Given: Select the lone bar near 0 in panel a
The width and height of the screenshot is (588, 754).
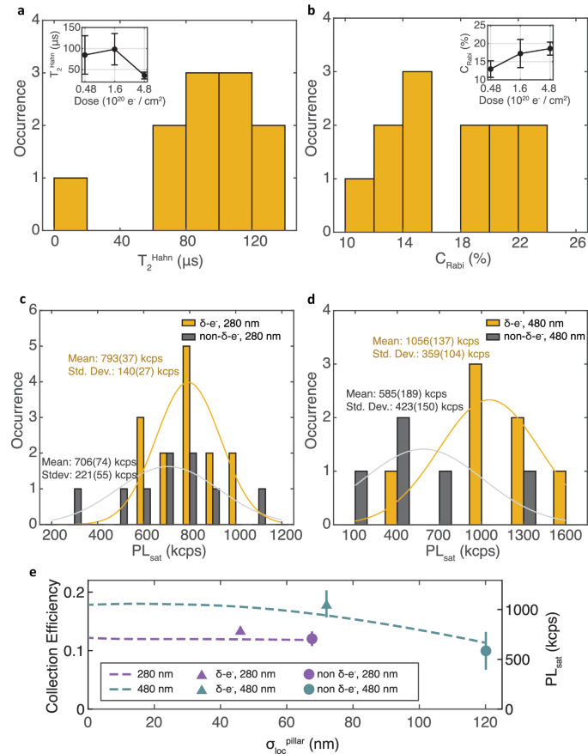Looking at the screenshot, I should coord(70,204).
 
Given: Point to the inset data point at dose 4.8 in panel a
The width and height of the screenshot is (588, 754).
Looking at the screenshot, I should coord(144,76).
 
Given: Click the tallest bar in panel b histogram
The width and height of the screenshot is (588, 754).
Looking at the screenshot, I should coord(416,151).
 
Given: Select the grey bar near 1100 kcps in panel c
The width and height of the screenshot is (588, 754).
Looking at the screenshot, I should coord(262,507).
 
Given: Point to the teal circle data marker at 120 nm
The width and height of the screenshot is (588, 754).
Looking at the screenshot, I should coord(486,651).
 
